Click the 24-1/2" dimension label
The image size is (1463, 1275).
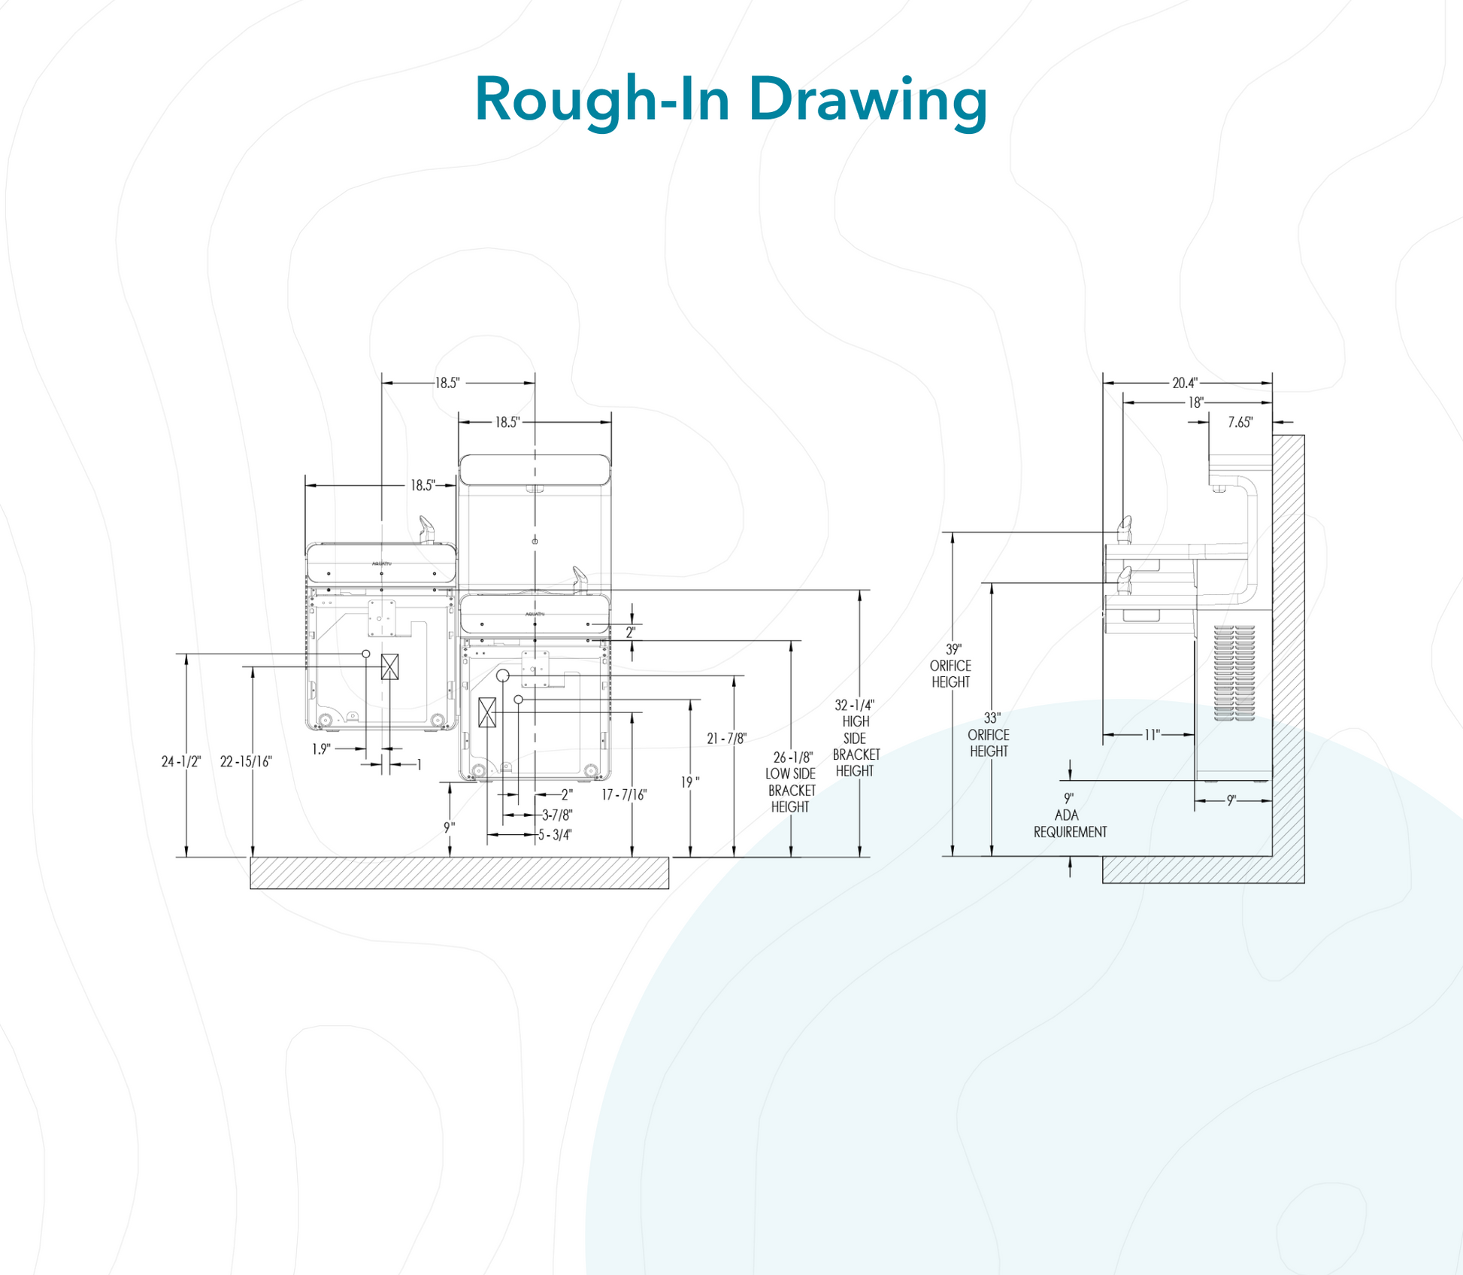point(181,762)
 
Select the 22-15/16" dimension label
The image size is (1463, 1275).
point(246,762)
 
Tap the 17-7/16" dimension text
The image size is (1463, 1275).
point(624,795)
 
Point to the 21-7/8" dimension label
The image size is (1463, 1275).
point(726,739)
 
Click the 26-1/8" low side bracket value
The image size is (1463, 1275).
point(793,757)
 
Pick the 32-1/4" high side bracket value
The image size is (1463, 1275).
point(855,706)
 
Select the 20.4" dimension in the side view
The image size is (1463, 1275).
point(1185,384)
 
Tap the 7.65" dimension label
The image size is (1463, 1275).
point(1240,423)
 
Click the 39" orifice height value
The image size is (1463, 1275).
point(953,649)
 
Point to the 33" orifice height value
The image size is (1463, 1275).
point(992,718)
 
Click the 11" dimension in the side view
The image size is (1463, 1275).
point(1152,735)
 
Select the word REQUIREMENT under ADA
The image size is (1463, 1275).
point(1070,832)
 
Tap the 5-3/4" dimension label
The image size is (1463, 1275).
point(555,835)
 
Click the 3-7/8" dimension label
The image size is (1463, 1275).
point(557,815)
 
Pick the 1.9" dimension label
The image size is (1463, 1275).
point(321,749)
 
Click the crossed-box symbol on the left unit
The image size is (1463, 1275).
point(389,666)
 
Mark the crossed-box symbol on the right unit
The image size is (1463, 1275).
point(487,712)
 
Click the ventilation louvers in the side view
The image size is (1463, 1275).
point(1234,672)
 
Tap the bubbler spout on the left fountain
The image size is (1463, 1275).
point(426,529)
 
